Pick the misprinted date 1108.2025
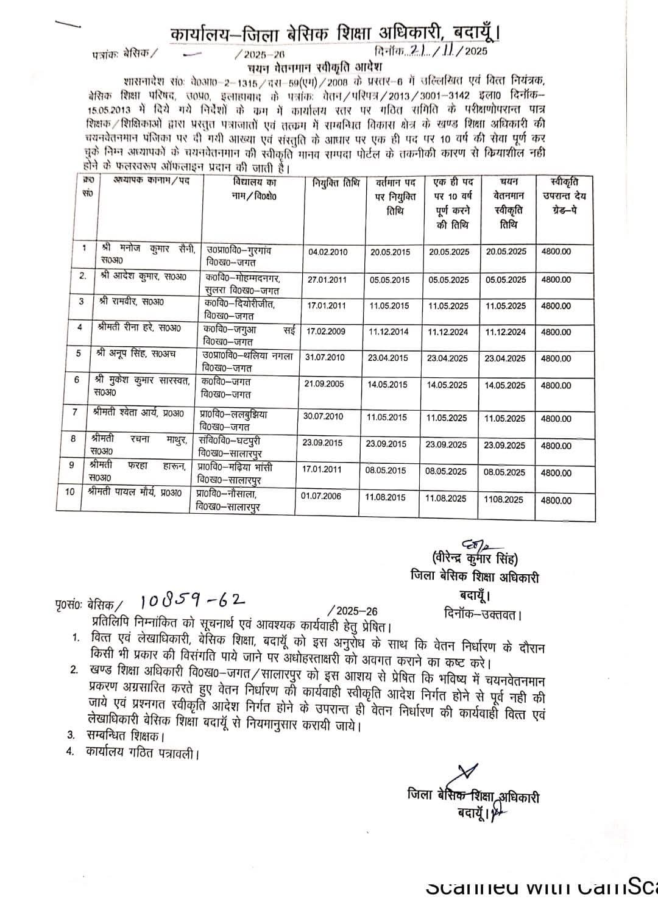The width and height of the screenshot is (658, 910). click(503, 499)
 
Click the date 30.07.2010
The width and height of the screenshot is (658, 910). click(323, 417)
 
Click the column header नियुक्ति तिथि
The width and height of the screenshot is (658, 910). click(336, 182)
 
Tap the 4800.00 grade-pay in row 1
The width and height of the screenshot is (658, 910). click(556, 252)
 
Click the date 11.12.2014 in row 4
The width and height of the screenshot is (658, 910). click(388, 332)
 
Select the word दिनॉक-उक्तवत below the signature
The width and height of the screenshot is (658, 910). click(483, 614)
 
